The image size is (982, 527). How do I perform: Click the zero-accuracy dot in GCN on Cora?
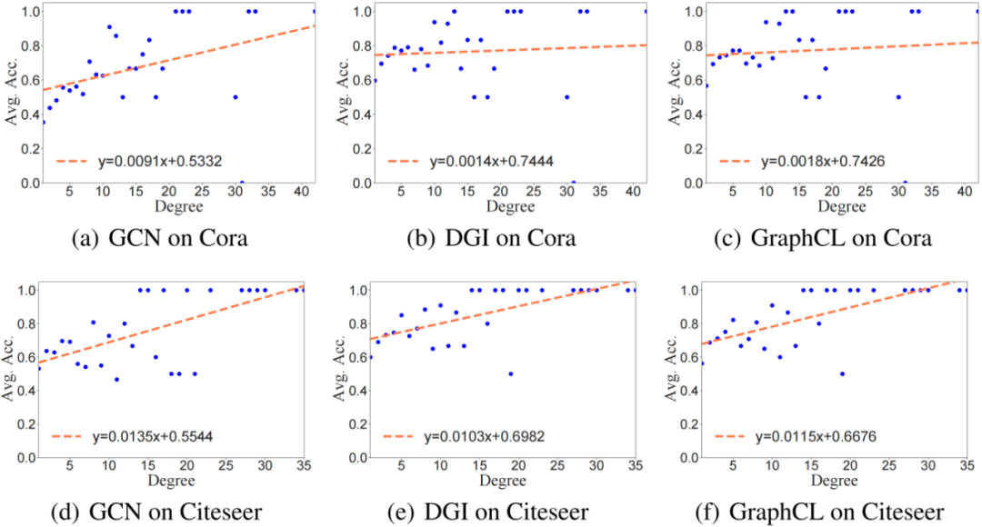click(x=241, y=183)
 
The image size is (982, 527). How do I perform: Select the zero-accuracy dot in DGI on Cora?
click(x=573, y=183)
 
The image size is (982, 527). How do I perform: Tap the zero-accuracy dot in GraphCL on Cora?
click(x=905, y=183)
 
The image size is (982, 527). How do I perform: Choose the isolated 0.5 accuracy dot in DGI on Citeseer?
click(x=510, y=373)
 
